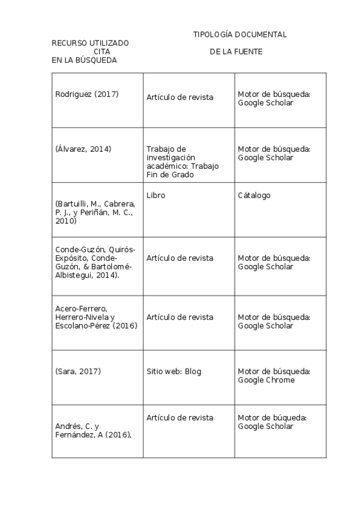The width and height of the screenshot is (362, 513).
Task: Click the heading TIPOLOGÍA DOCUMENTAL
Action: tap(240, 34)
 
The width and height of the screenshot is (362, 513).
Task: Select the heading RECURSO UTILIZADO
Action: tap(90, 43)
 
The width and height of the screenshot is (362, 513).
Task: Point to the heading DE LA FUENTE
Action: tap(236, 51)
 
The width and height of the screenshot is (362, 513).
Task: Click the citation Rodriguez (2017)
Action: tap(86, 94)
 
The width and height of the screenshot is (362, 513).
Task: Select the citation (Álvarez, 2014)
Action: tap(83, 149)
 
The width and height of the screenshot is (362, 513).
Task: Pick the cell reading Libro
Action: tap(155, 195)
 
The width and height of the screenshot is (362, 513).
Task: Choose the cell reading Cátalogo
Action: tap(254, 195)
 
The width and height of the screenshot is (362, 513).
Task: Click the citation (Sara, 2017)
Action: tap(78, 371)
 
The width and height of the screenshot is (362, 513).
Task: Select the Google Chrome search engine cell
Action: tap(274, 375)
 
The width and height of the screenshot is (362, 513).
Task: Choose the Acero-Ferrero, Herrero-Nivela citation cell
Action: tap(96, 317)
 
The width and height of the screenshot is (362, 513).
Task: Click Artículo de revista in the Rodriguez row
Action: tap(179, 97)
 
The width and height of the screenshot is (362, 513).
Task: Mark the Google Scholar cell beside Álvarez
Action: tap(274, 153)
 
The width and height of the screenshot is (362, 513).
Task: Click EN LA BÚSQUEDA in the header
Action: tap(84, 60)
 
